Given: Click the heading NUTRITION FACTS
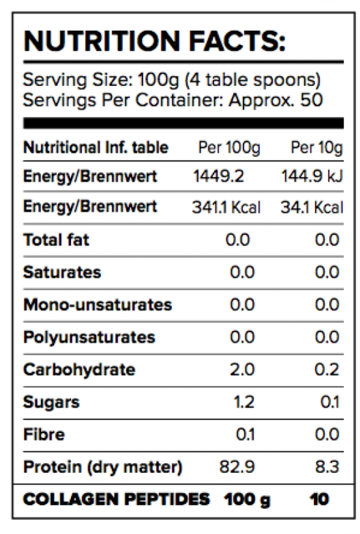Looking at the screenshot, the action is [x=154, y=42].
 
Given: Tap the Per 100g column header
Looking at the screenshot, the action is [x=229, y=148].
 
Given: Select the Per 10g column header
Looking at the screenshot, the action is [x=317, y=148].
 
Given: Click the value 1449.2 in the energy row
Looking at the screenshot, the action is [x=218, y=176].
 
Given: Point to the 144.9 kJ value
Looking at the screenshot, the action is [x=312, y=176].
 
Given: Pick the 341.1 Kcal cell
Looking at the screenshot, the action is [x=226, y=207].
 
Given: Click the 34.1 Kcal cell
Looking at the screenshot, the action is [x=312, y=207].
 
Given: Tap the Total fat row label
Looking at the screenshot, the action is [x=56, y=240].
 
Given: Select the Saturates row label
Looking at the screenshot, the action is [x=62, y=272].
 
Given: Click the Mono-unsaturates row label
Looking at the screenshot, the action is [x=98, y=305].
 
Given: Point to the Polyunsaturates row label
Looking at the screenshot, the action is [x=89, y=337].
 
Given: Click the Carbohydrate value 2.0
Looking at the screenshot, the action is [x=242, y=369].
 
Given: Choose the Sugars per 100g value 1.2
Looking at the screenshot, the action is [x=244, y=402].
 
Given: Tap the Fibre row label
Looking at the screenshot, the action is [x=44, y=434].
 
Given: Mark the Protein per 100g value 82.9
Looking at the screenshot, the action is [x=237, y=467].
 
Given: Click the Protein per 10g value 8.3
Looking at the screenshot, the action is [x=327, y=467].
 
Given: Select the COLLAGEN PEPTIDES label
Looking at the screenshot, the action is [x=117, y=499].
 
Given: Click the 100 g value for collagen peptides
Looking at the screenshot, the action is [x=247, y=500].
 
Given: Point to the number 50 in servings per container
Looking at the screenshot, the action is [x=311, y=100].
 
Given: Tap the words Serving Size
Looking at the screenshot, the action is [x=77, y=80].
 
